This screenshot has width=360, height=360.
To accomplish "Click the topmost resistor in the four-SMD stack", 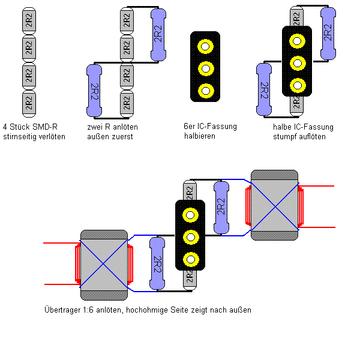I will click(x=29, y=20).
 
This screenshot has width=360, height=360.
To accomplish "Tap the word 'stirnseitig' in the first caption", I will click(x=19, y=137).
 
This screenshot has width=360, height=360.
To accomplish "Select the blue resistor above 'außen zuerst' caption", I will click(x=94, y=90).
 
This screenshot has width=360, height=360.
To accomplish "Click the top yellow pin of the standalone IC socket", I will click(x=206, y=46).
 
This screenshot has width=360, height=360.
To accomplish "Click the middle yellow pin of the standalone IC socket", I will click(x=206, y=68).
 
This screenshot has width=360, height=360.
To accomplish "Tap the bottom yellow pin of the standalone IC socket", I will click(x=206, y=91).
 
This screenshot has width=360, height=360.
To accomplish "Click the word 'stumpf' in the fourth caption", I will click(x=284, y=137).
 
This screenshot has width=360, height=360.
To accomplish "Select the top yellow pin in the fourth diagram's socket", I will click(x=296, y=41).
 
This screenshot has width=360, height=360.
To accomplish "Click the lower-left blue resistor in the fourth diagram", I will click(x=263, y=90).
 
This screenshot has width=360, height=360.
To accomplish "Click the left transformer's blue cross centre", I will click(x=104, y=264).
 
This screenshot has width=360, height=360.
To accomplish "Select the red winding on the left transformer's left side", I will click(x=77, y=264).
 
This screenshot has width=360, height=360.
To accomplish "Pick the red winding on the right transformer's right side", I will click(x=301, y=205).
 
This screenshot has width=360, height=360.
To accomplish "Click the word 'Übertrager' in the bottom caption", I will click(x=62, y=310).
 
